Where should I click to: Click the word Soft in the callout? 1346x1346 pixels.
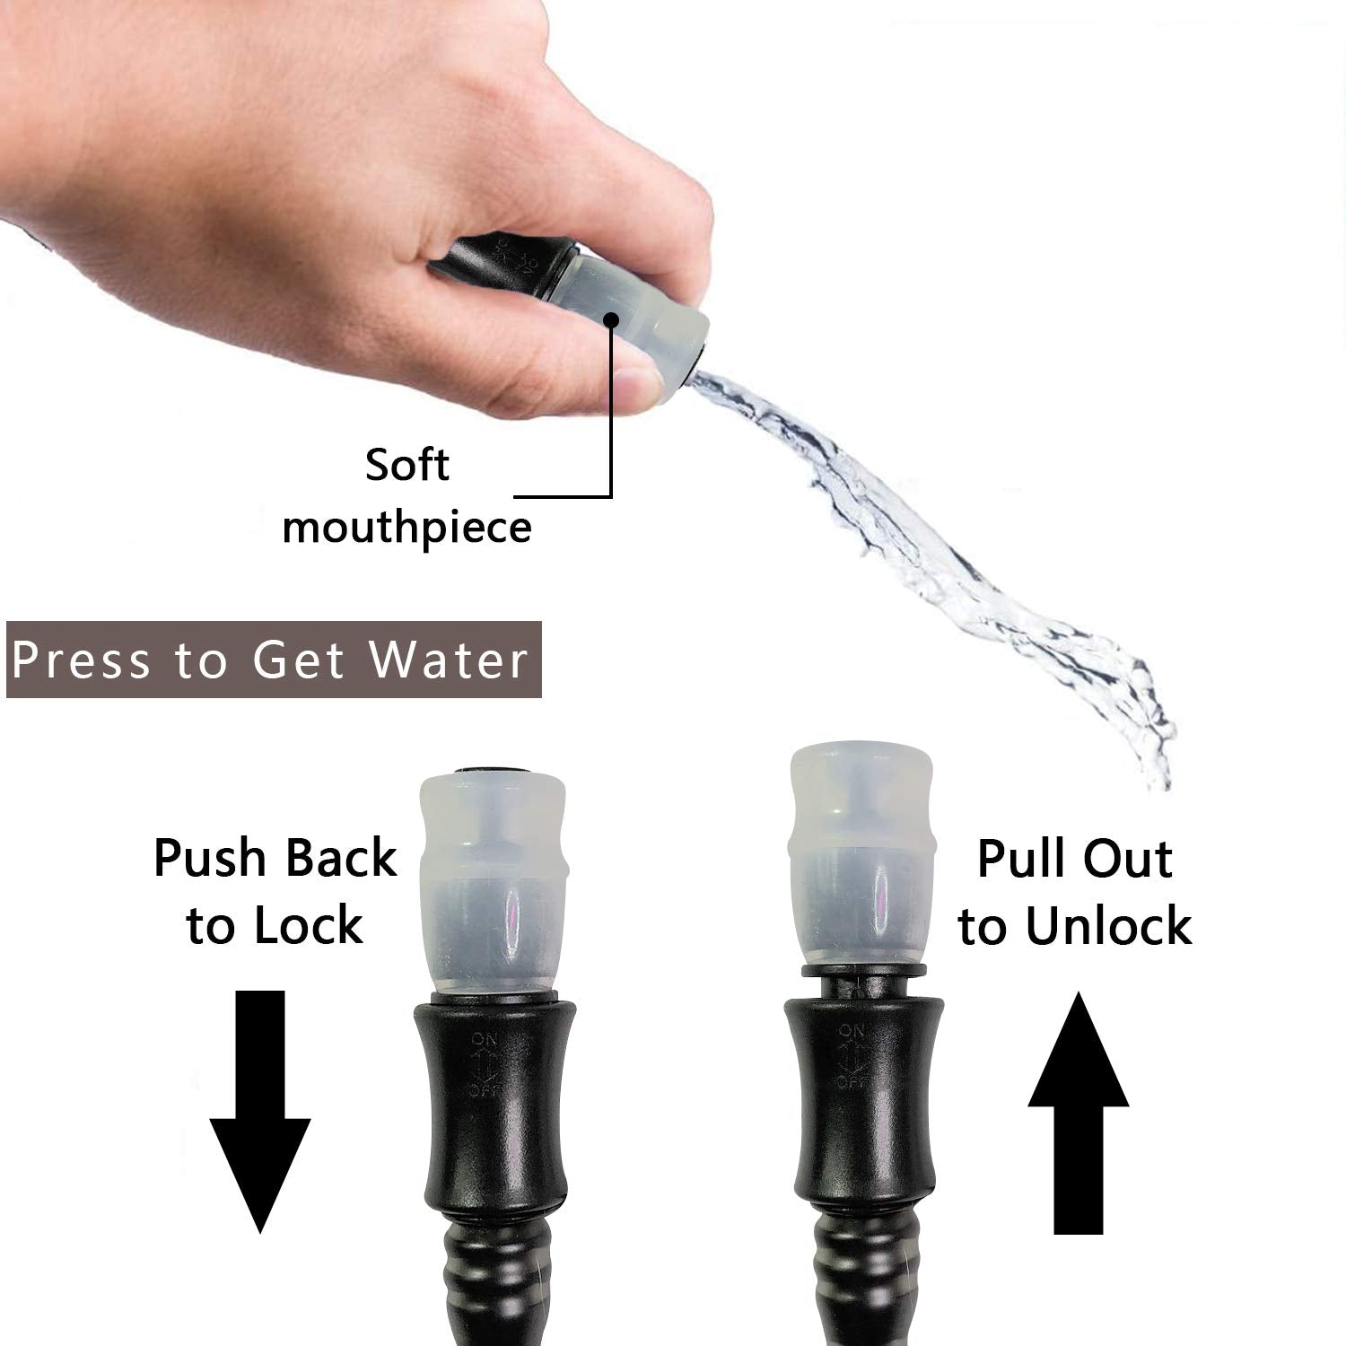pyautogui.click(x=406, y=465)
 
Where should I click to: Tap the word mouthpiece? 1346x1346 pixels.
pyautogui.click(x=406, y=527)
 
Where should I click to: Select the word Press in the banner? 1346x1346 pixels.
pyautogui.click(x=82, y=660)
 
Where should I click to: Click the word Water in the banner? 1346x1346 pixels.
pyautogui.click(x=450, y=660)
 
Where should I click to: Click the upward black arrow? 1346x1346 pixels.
pyautogui.click(x=1079, y=1113)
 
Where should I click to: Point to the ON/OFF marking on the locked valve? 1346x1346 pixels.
pyautogui.click(x=486, y=1065)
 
